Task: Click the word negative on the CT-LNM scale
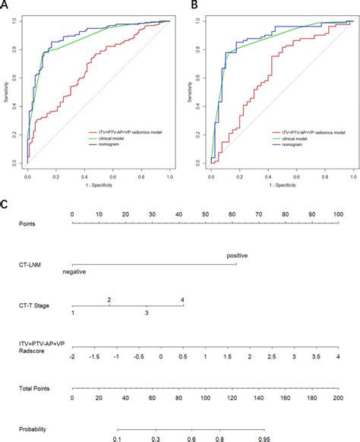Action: (74, 271)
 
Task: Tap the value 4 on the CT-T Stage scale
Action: (182, 299)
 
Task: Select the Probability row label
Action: (33, 430)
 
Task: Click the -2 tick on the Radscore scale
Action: (71, 355)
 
